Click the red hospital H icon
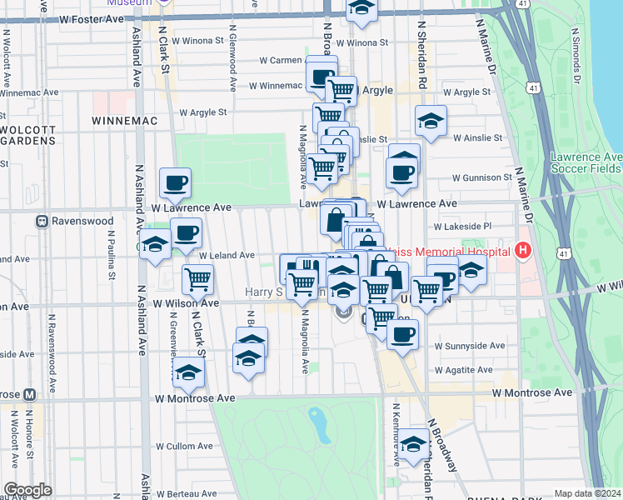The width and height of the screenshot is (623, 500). click(x=523, y=250)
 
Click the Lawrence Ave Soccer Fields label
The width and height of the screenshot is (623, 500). click(x=586, y=162)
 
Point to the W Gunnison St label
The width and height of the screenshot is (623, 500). click(x=481, y=177)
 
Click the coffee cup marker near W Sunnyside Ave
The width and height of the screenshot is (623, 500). click(x=403, y=334)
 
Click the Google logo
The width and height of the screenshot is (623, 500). click(x=27, y=490)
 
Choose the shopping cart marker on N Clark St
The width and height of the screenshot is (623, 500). click(x=197, y=279)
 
